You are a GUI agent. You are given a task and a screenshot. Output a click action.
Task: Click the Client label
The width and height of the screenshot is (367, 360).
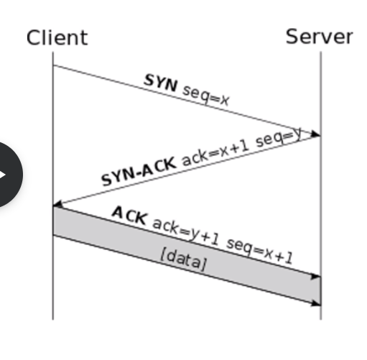(x=57, y=37)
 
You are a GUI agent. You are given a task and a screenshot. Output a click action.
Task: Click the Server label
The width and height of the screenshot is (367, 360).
(x=320, y=37)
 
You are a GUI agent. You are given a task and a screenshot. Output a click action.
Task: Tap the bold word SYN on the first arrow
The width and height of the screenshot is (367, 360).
(x=161, y=83)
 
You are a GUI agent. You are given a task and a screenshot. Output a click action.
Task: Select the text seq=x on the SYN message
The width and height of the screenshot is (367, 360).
(x=205, y=96)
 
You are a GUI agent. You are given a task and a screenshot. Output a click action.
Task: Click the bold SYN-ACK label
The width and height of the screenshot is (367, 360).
(x=139, y=171)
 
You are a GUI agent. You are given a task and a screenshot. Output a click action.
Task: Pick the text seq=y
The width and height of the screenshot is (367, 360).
(x=279, y=137)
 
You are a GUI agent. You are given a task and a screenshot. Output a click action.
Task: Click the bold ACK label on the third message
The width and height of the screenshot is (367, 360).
(x=129, y=216)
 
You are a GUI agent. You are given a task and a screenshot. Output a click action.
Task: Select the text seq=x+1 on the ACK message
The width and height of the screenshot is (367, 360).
(x=259, y=251)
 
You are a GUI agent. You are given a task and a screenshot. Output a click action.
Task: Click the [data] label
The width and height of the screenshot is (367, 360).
(x=183, y=259)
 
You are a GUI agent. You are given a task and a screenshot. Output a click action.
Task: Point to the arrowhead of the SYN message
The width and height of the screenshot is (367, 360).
(x=315, y=134)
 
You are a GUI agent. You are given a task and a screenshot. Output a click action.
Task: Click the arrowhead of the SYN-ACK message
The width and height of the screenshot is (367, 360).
(x=58, y=204)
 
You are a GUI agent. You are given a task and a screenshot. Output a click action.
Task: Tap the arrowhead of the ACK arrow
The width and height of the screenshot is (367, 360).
(x=315, y=276)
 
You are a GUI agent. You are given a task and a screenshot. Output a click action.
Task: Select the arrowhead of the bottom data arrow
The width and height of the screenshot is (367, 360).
(x=315, y=303)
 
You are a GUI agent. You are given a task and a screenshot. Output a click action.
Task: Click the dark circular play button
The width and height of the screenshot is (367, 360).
(x=7, y=175)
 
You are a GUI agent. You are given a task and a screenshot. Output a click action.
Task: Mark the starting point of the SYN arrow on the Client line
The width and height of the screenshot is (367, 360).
(x=53, y=65)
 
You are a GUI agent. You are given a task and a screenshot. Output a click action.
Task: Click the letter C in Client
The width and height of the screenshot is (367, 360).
(x=33, y=37)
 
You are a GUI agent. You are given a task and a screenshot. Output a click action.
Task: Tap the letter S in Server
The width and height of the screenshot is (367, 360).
(x=292, y=37)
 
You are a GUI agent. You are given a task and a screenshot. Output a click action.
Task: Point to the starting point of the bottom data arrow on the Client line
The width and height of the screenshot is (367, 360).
(x=53, y=235)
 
